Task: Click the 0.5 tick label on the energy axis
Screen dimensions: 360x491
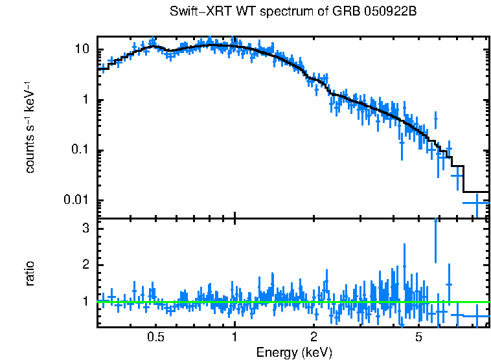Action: [155, 337]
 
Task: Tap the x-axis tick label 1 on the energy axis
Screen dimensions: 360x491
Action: [234, 337]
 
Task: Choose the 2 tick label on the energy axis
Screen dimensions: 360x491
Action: [314, 337]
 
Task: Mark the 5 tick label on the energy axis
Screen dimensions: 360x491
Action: [418, 337]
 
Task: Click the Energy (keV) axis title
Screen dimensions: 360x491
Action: [294, 352]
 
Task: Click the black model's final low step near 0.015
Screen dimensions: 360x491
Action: [476, 192]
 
